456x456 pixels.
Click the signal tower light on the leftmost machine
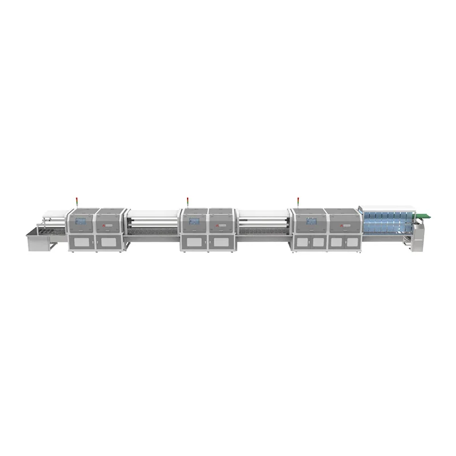click(76, 200)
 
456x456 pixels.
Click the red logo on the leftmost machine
click(104, 225)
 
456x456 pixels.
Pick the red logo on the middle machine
click(217, 225)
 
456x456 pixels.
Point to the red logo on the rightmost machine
click(342, 225)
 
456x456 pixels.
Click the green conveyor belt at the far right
click(423, 215)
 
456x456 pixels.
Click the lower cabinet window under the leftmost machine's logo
click(108, 242)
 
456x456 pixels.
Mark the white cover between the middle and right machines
click(264, 215)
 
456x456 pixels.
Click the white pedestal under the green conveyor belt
click(420, 234)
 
